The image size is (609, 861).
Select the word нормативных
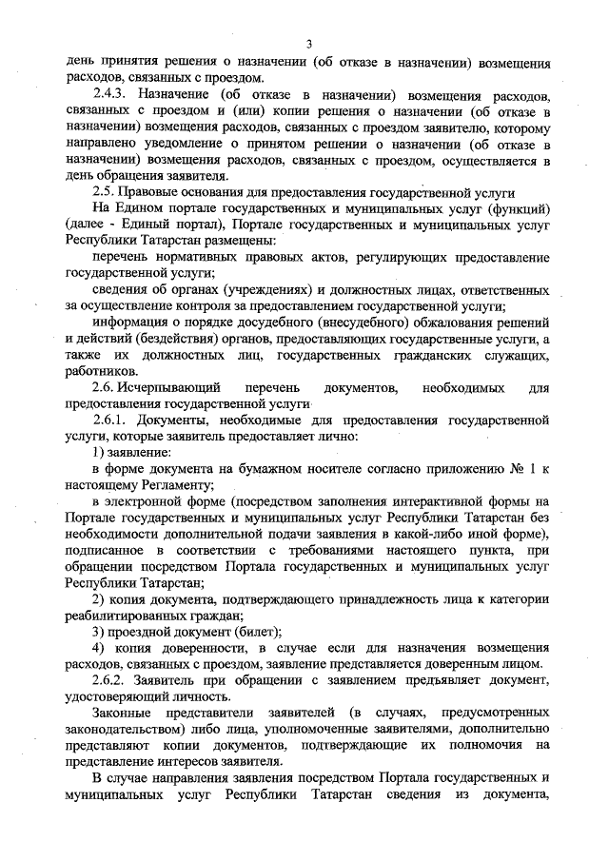195,257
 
